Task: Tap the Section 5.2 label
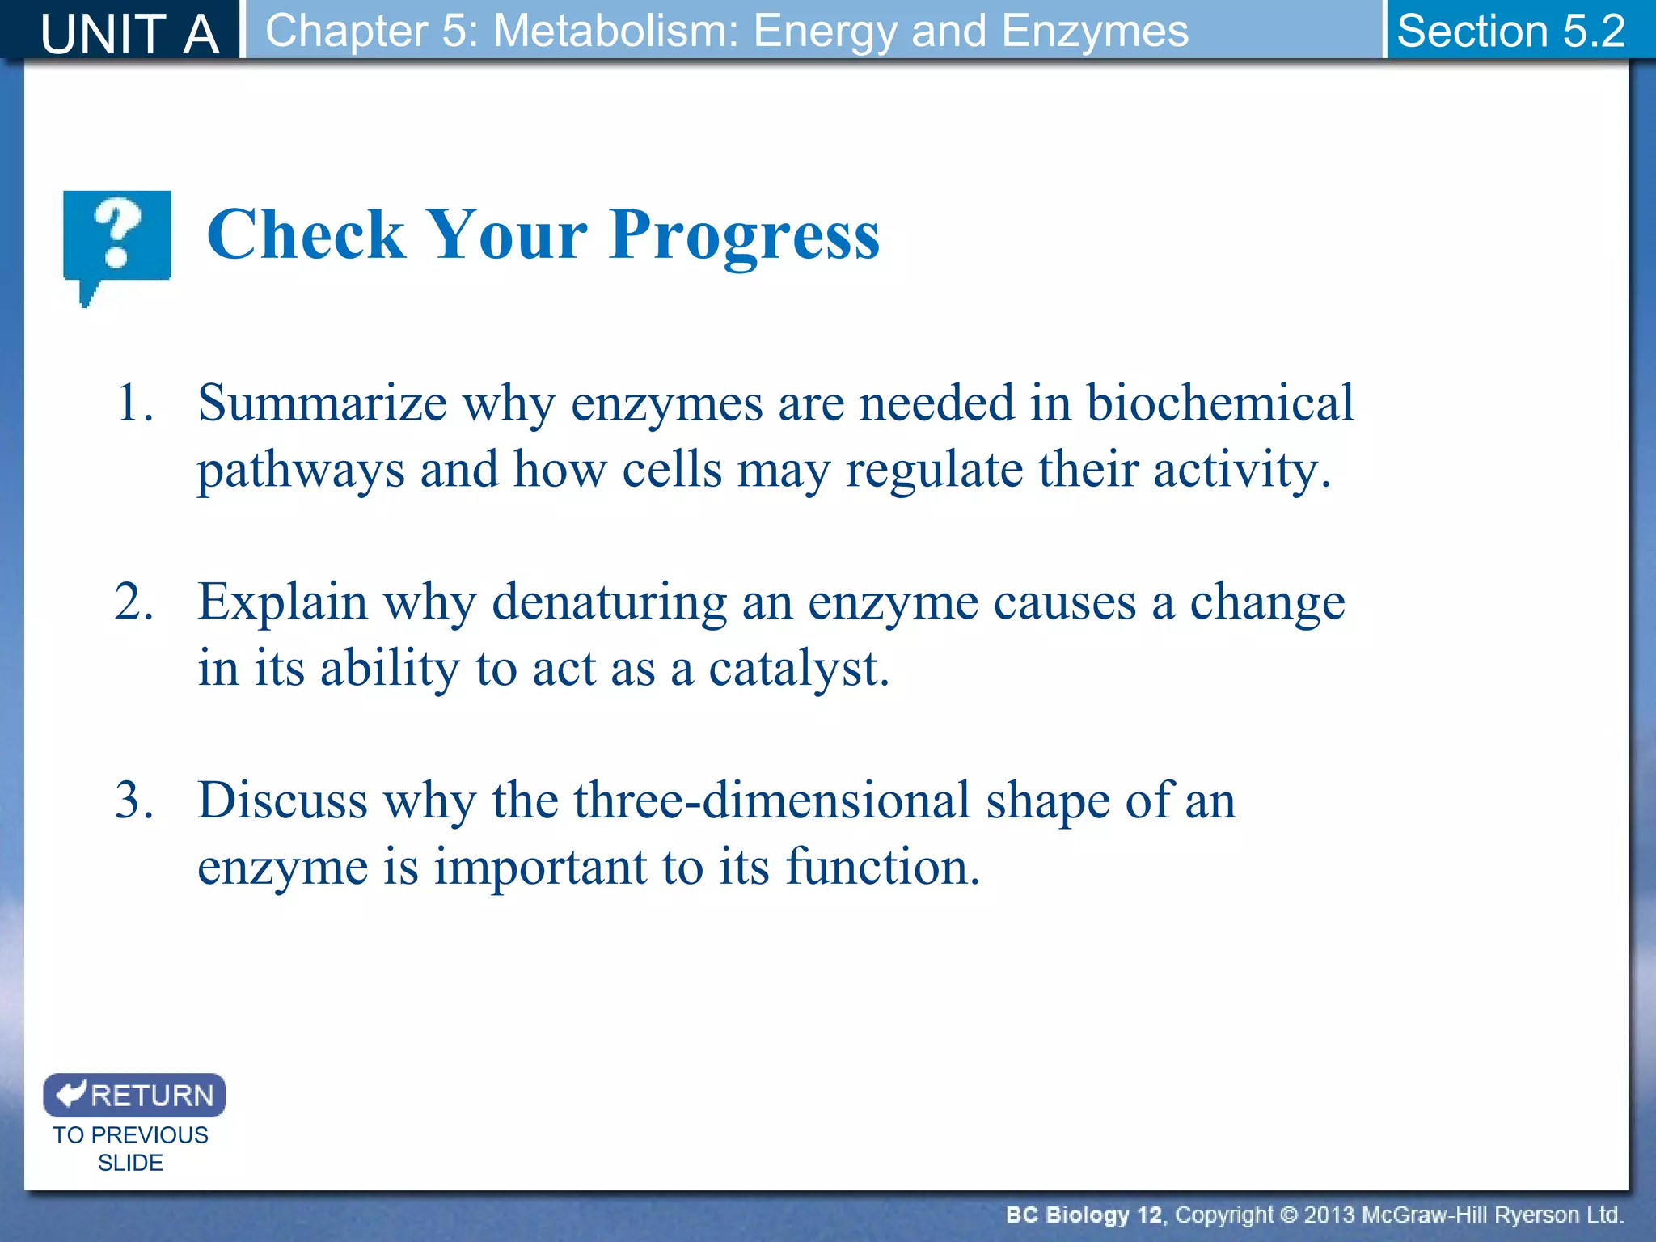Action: click(1510, 31)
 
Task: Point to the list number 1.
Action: click(133, 403)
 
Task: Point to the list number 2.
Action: click(133, 602)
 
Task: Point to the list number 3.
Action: click(133, 801)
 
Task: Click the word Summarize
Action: click(322, 403)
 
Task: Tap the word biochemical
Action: click(1219, 403)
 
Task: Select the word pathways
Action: click(301, 471)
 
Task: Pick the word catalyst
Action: click(798, 670)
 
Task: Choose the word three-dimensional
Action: click(771, 801)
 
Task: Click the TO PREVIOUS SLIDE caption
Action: click(130, 1148)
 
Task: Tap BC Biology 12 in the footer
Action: click(1084, 1215)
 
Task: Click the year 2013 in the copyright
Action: click(1331, 1215)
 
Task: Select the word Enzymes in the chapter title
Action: click(1095, 31)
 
